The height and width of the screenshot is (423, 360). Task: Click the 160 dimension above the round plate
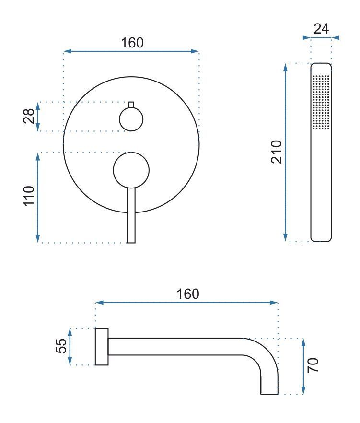click(131, 43)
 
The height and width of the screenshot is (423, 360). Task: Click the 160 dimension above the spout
click(187, 294)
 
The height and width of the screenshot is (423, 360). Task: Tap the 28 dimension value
click(29, 116)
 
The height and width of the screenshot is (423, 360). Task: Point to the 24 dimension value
click(321, 29)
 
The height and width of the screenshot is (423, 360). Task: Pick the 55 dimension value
click(61, 346)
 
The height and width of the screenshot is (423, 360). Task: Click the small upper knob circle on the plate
click(131, 119)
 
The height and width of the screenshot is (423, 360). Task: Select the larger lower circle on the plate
click(131, 169)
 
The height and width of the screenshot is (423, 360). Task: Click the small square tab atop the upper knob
click(131, 105)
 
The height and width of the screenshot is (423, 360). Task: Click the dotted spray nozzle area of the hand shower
click(321, 102)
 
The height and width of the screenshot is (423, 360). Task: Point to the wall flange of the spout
click(102, 347)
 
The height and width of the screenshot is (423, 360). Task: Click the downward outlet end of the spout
click(269, 384)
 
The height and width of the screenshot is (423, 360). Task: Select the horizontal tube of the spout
click(177, 347)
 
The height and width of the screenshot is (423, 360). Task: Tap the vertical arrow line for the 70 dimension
click(303, 366)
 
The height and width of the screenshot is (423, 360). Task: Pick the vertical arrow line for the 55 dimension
click(70, 346)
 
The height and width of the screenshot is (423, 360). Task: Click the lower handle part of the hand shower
click(321, 192)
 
